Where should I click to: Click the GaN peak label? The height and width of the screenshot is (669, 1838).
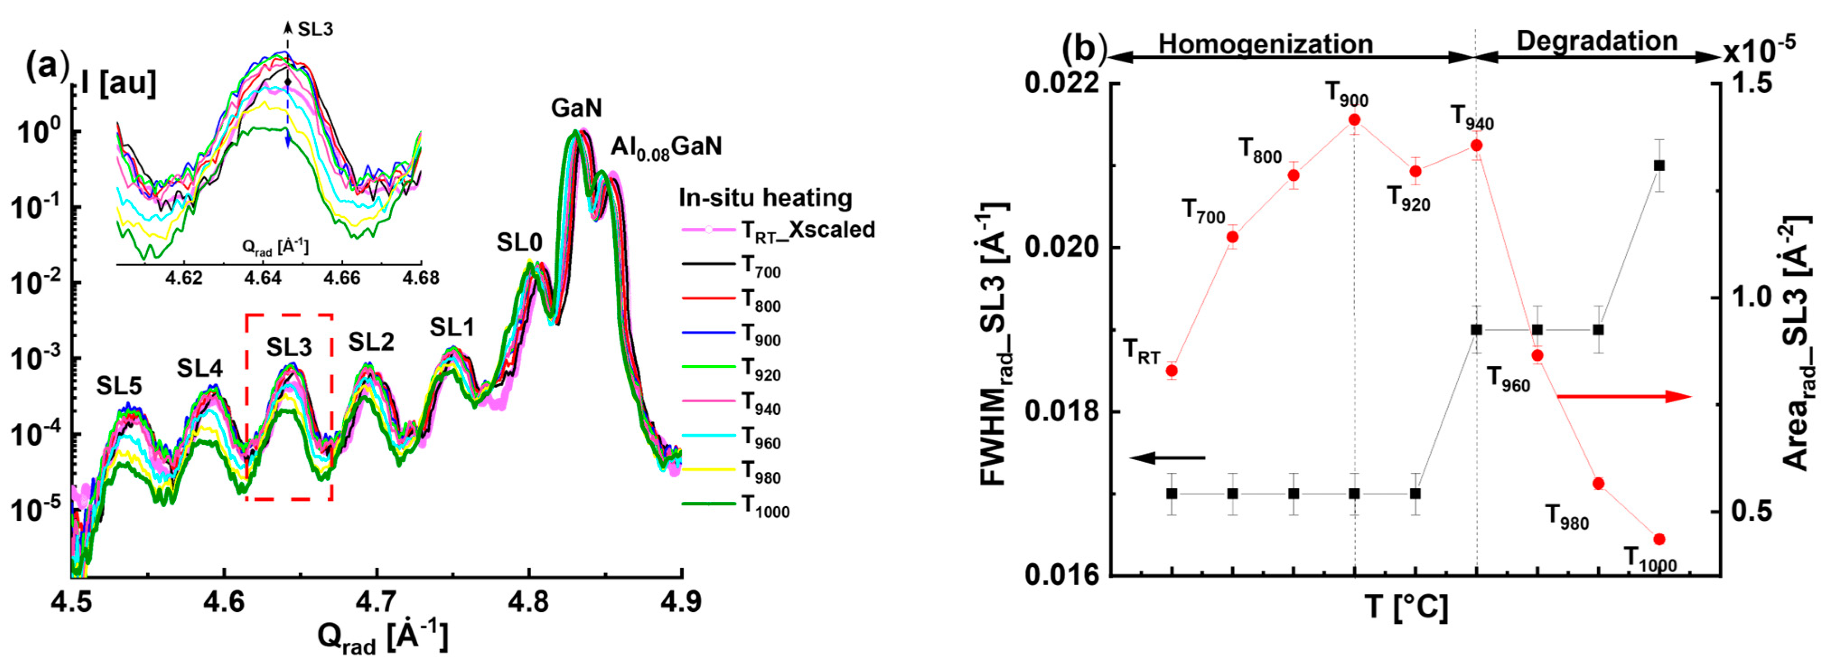tap(576, 108)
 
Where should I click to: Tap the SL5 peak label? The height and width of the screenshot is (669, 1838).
tap(119, 386)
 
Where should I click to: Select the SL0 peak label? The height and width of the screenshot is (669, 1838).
tap(519, 244)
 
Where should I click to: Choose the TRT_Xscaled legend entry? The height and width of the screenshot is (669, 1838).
tap(778, 230)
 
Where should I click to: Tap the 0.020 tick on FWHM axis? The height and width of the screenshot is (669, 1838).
tap(1063, 249)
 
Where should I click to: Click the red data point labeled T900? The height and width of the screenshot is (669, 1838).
tap(1354, 120)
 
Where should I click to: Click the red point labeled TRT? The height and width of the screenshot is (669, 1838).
tap(1171, 371)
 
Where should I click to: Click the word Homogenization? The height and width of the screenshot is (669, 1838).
tap(1265, 44)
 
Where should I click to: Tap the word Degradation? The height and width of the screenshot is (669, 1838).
tap(1597, 42)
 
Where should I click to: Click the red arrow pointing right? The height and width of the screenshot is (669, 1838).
tap(1623, 396)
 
